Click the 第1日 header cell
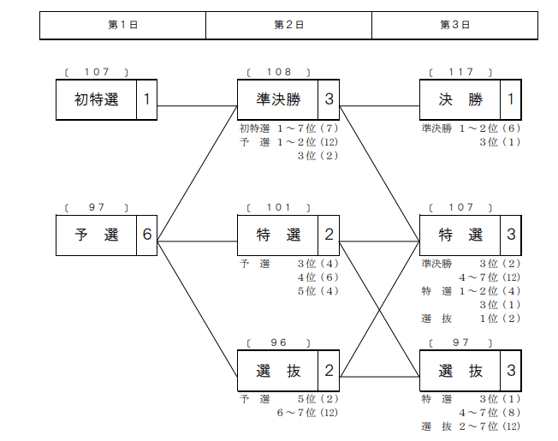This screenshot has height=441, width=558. (122, 26)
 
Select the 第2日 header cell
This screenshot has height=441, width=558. (288, 26)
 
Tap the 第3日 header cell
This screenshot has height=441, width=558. (454, 26)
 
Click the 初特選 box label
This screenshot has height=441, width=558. (96, 99)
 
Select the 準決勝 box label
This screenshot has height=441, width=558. (278, 99)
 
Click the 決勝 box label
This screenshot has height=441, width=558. (460, 99)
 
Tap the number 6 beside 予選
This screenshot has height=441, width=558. (147, 235)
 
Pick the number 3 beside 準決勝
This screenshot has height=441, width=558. (329, 99)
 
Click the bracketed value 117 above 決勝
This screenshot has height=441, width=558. (460, 72)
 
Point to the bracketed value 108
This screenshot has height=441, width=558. (279, 72)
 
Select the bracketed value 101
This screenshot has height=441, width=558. (279, 207)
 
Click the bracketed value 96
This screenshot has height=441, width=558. (279, 343)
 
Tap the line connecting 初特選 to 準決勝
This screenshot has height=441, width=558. (197, 105)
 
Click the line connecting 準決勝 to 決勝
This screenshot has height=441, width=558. (380, 105)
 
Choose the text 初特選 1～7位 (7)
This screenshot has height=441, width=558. (288, 128)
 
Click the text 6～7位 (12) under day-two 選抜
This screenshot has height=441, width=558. (307, 413)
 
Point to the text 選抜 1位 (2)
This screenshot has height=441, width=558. (471, 319)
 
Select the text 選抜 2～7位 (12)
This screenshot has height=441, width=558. (471, 426)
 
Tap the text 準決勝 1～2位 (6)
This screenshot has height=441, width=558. (471, 128)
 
